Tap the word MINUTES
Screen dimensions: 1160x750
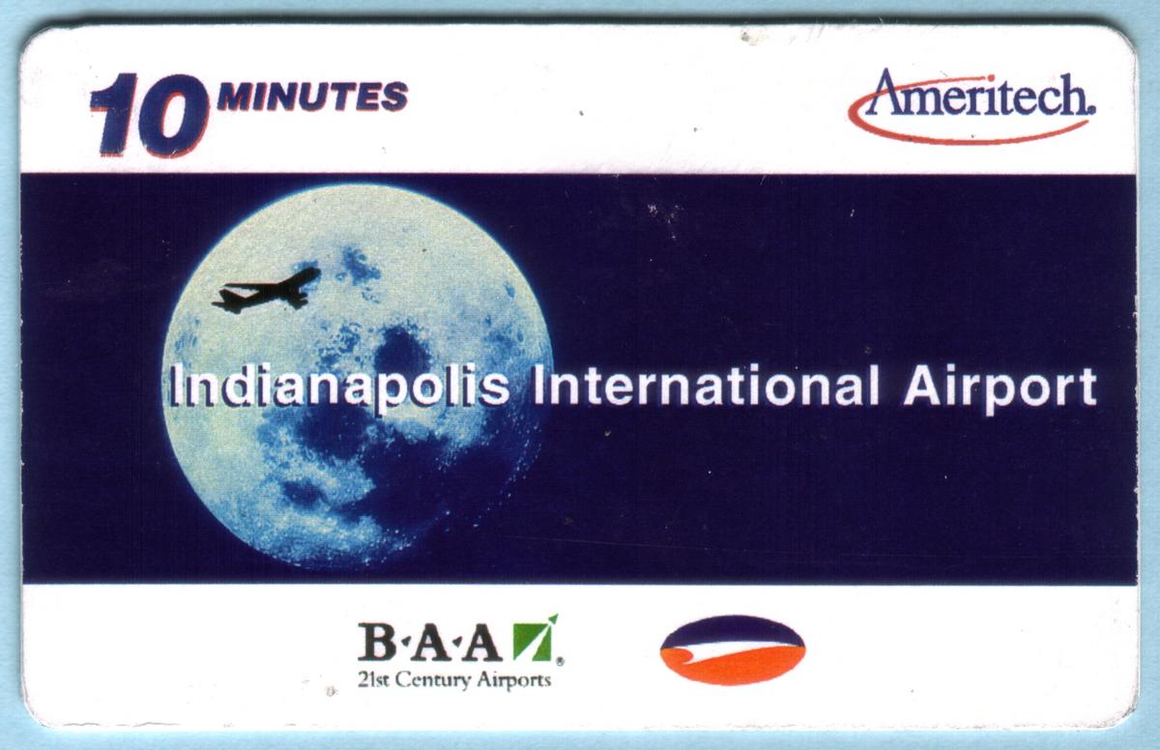click(312, 97)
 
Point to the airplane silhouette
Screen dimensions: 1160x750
click(266, 290)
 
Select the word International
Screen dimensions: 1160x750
click(706, 387)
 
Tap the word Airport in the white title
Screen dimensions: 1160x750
click(1000, 390)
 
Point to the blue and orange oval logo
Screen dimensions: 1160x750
click(733, 650)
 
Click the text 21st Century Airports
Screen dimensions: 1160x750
click(454, 679)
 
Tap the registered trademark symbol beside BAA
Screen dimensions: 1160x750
click(561, 661)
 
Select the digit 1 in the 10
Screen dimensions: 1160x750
click(110, 115)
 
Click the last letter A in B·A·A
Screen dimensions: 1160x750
click(482, 643)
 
